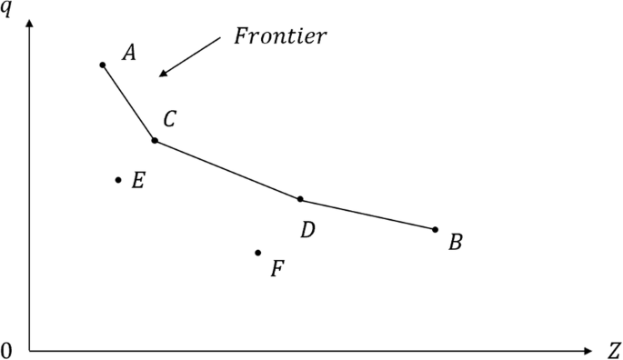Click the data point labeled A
pos(103,65)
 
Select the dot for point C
pos(155,140)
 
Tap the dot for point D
pos(300,199)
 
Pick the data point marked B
pos(435,229)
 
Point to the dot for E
pos(118,180)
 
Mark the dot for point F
pos(258,253)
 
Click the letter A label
pos(129,54)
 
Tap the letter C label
pos(170,118)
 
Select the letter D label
pos(307,230)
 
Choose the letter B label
pos(456,243)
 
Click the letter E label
pos(137,181)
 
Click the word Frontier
pos(280,37)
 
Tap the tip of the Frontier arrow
pos(159,75)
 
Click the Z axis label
pos(614,351)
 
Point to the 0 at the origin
pos(7,351)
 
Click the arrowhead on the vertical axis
pos(30,23)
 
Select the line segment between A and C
pos(128,102)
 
